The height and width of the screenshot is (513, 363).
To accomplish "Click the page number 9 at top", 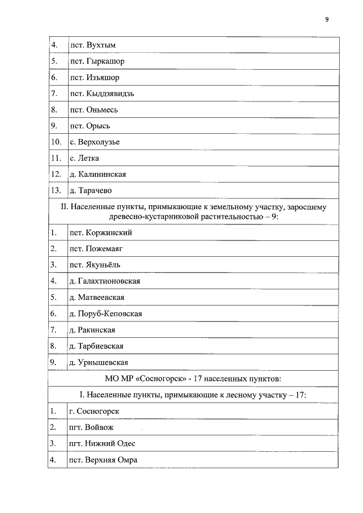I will (326, 19).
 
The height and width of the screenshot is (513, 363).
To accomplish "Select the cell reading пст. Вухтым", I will (92, 45).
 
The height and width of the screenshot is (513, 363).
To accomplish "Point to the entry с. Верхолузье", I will (94, 142).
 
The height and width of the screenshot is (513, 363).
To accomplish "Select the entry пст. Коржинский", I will (100, 232).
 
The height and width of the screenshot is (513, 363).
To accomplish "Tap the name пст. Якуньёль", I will (95, 265).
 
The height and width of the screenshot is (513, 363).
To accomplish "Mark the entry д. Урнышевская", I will (98, 362).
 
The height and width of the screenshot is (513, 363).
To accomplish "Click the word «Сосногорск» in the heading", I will (159, 379).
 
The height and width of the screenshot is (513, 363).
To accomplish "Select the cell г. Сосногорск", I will (94, 411).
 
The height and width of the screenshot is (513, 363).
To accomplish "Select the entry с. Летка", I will (84, 158).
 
